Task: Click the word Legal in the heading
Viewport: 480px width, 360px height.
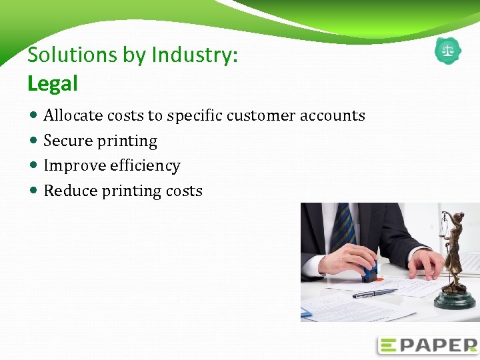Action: [x=53, y=84]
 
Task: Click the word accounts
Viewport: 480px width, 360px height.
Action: [x=332, y=116]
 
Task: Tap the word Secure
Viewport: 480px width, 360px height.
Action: [x=68, y=141]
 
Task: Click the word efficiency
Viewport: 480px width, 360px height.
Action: [x=145, y=166]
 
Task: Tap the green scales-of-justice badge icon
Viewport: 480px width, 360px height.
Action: [x=447, y=51]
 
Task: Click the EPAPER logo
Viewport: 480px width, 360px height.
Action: [x=427, y=345]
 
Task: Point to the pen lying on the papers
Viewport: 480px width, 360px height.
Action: [x=374, y=293]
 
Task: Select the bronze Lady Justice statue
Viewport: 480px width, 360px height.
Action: [x=455, y=253]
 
